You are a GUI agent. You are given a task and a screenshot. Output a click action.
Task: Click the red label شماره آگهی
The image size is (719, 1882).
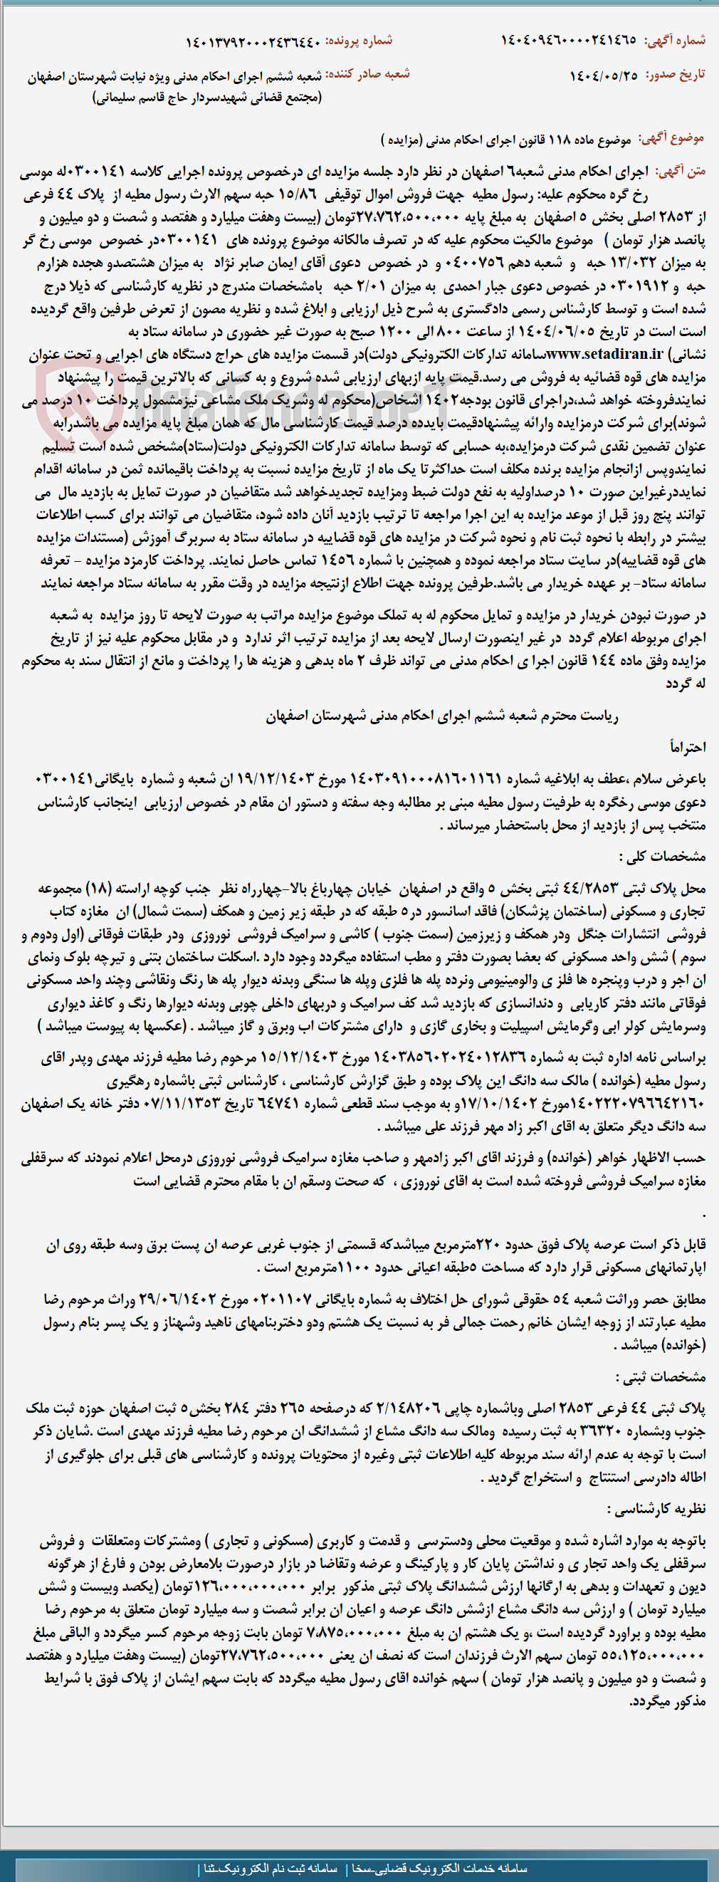click(x=674, y=40)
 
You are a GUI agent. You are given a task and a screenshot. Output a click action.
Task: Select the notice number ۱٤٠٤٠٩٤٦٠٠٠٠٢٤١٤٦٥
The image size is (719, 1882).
click(x=568, y=40)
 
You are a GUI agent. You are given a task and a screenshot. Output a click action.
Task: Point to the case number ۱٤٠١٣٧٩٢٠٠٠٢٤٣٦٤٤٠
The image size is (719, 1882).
click(x=253, y=43)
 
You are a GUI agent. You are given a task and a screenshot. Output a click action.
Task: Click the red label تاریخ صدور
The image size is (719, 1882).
click(x=674, y=75)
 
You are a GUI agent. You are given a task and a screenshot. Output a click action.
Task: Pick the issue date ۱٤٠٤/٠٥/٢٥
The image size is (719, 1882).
click(x=604, y=76)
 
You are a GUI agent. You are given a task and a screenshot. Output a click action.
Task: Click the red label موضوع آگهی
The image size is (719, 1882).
click(x=671, y=138)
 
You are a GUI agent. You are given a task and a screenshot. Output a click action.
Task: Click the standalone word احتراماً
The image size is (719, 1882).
click(x=688, y=748)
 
